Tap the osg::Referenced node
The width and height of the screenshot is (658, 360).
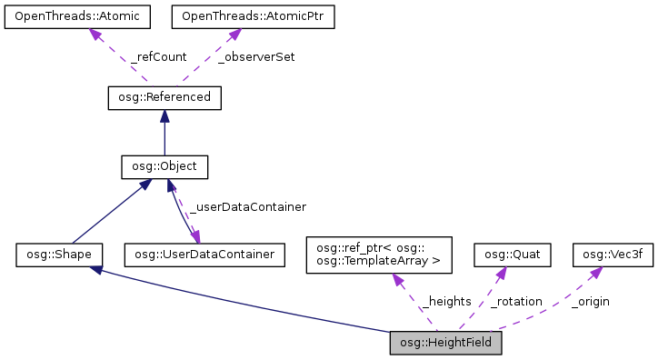coord(164,96)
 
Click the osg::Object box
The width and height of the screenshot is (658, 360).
coord(164,166)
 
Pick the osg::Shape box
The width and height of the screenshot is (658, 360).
coord(59,255)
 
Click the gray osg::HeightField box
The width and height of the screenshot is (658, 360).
coord(445,343)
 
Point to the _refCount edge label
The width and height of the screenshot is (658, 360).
coord(158,56)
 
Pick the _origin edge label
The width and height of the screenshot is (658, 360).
coord(590,301)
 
